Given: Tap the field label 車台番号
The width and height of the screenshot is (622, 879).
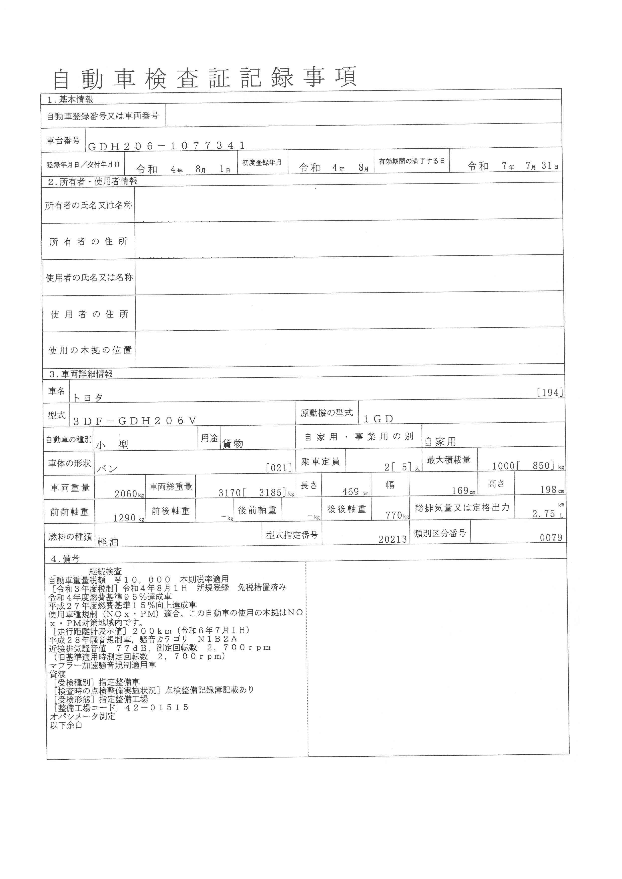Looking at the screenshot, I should [x=63, y=141].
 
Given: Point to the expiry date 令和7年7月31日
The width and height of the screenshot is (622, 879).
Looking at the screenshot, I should [x=512, y=166].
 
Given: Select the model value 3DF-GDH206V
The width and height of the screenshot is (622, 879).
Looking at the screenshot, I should [x=134, y=421].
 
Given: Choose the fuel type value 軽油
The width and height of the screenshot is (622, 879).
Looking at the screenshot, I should [x=108, y=542].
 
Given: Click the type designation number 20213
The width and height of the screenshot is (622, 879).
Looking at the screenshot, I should [x=393, y=539].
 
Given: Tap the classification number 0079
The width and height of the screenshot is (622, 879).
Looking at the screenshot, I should [x=551, y=538].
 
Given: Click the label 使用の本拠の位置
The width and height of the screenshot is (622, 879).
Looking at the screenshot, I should [x=90, y=350].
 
